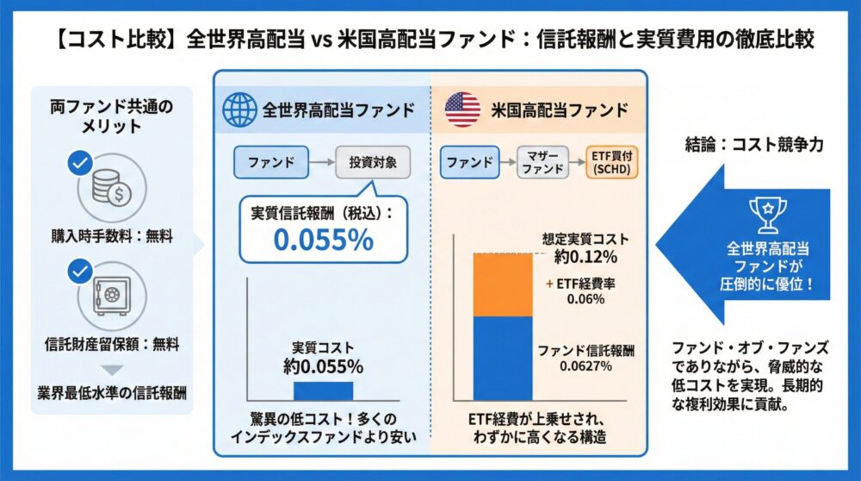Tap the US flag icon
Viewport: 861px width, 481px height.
point(462,109)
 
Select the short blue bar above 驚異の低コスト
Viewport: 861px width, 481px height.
point(323,390)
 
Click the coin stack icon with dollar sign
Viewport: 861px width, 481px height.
point(109,188)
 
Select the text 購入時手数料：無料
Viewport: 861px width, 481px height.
point(108,236)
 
